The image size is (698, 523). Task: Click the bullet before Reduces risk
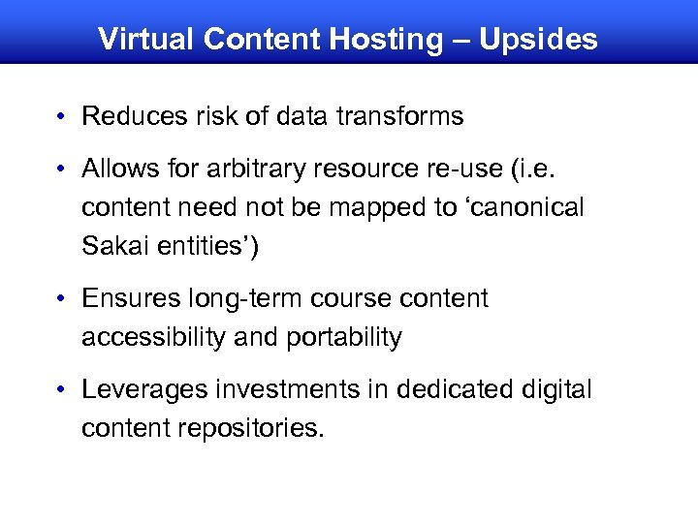tap(61, 117)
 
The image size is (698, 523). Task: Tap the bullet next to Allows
tap(61, 169)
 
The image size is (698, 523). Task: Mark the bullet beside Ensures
tap(61, 299)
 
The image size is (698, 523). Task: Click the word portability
tap(344, 337)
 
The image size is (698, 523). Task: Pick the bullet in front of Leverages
tap(61, 390)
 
